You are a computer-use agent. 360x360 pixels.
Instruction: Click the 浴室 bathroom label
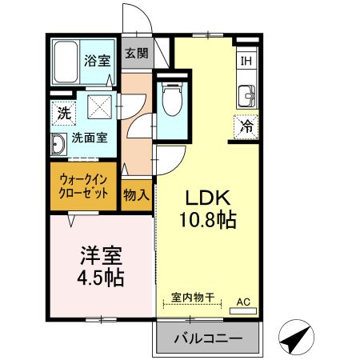[x=99, y=60]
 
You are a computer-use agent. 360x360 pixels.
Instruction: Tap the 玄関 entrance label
[x=137, y=54]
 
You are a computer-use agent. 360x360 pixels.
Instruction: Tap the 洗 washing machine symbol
[x=63, y=113]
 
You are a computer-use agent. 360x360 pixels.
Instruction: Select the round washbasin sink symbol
[x=59, y=146]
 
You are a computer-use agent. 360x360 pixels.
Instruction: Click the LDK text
[x=210, y=198]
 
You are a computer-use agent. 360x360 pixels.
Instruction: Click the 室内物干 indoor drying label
[x=194, y=297]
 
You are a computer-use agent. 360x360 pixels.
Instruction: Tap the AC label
[x=244, y=302]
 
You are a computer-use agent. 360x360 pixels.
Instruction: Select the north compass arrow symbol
[x=296, y=337]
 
